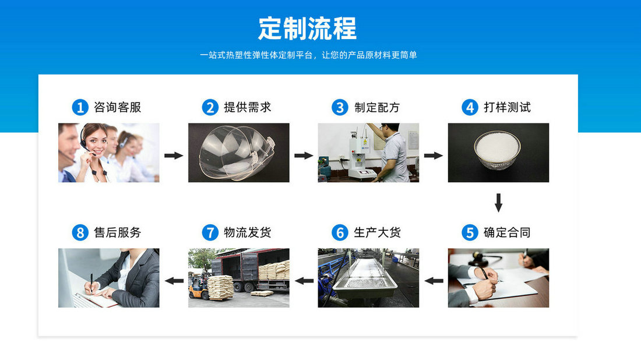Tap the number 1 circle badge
(79, 107)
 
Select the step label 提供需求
(248, 107)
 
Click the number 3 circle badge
(339, 107)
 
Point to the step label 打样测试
(507, 107)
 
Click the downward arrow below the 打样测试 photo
(498, 203)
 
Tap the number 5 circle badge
(470, 233)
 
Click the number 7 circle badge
(210, 233)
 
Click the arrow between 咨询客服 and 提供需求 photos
(174, 156)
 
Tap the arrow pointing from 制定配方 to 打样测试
(433, 156)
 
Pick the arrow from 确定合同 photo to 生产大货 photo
(434, 281)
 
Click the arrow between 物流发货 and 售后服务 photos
(174, 281)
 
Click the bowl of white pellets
(498, 149)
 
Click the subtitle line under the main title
(308, 55)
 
